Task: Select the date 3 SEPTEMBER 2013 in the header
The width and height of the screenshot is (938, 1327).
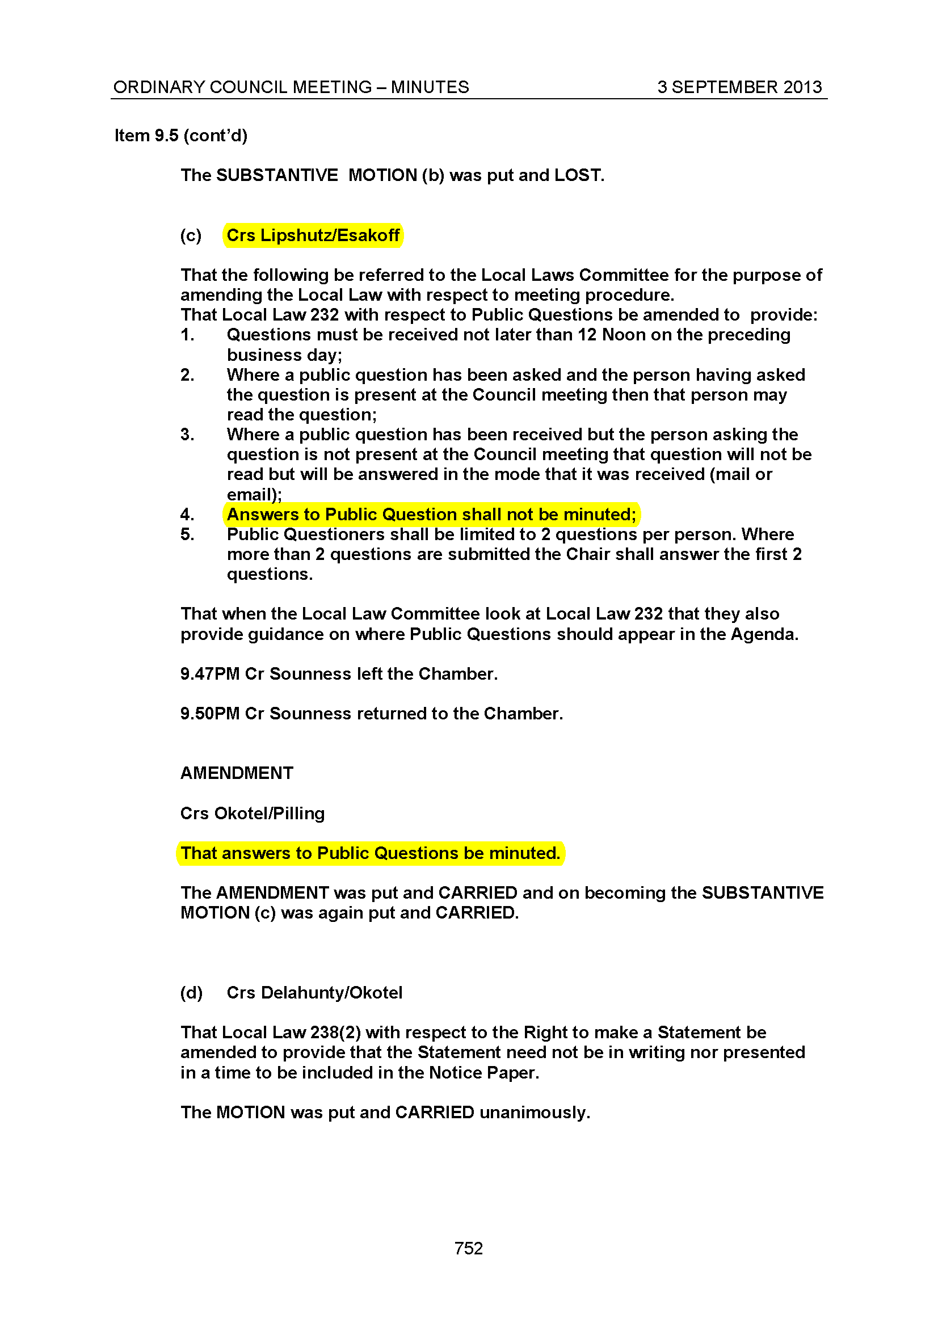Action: [739, 87]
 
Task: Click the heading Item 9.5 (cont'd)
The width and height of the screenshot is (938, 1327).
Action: [180, 135]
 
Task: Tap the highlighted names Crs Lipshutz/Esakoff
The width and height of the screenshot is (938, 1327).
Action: [313, 235]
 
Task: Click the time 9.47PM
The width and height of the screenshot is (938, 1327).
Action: [209, 673]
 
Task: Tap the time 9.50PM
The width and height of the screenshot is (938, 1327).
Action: [209, 713]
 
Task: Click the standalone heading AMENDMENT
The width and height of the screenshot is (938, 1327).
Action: [237, 773]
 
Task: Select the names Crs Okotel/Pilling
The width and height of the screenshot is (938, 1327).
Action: [253, 813]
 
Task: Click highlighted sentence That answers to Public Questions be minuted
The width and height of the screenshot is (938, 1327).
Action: [371, 853]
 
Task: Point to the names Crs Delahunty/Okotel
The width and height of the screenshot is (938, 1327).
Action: [314, 992]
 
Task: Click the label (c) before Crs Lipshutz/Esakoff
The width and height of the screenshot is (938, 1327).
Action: [191, 235]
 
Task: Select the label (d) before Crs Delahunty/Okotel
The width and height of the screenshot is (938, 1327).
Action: [191, 992]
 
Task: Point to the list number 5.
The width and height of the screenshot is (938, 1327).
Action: [187, 534]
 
